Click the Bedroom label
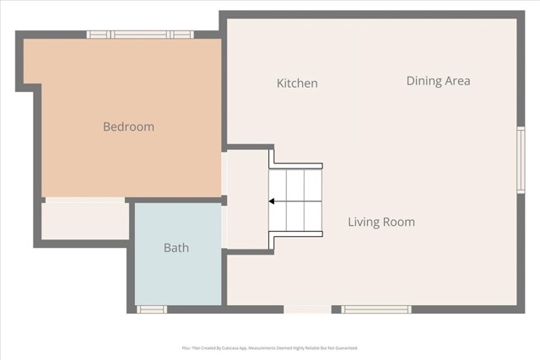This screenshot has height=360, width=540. [128, 126]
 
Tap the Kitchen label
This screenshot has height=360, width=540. [297, 83]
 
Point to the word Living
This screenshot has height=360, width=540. [366, 223]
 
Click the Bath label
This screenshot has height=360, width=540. [176, 248]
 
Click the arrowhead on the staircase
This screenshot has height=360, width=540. [273, 201]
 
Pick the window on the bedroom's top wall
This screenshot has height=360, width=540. [141, 35]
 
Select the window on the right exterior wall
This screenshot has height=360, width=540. [521, 159]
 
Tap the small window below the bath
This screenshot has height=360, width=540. [152, 309]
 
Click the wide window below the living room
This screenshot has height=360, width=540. [376, 309]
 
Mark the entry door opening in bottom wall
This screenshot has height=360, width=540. [307, 309]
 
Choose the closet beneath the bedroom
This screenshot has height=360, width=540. [84, 221]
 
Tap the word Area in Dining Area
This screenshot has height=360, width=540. [456, 81]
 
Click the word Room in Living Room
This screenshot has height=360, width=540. [401, 223]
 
